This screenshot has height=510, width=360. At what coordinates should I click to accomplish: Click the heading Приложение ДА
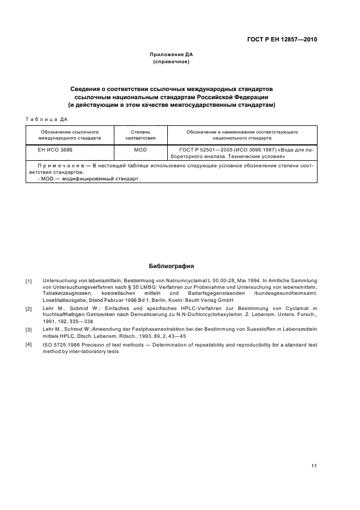(x=172, y=55)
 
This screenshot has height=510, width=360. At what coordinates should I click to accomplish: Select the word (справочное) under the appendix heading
(x=172, y=62)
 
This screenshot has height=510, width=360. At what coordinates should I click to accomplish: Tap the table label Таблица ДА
(x=46, y=120)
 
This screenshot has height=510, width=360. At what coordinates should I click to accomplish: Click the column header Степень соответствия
(x=141, y=135)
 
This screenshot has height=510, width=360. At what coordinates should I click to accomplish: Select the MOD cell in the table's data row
(x=141, y=149)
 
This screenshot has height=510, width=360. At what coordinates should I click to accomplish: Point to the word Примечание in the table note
(x=62, y=165)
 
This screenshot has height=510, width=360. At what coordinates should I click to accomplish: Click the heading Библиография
(x=172, y=266)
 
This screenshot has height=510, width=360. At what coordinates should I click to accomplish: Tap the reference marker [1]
(x=29, y=282)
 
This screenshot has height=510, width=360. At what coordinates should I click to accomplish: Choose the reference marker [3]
(x=29, y=330)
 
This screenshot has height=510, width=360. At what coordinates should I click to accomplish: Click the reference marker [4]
(x=29, y=344)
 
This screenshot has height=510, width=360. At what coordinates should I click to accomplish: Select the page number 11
(x=314, y=451)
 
